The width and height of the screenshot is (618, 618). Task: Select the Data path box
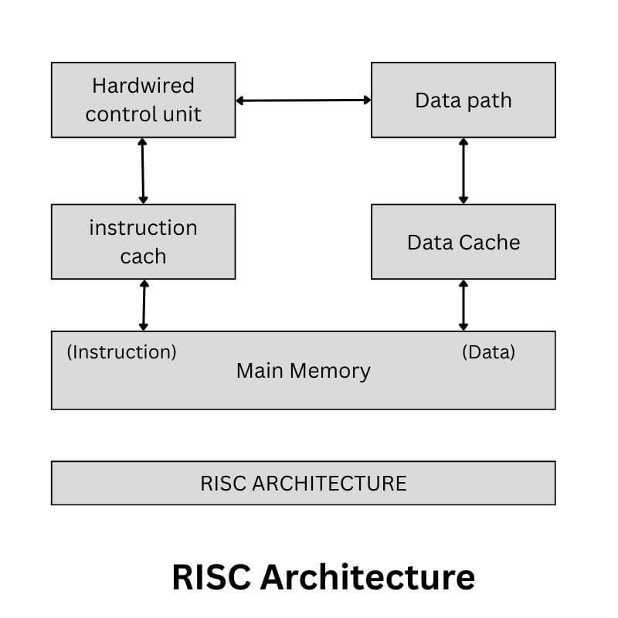463,100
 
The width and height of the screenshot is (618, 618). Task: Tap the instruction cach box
144,242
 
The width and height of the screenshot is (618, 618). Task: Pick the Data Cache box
463,242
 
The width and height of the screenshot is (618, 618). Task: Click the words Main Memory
303,371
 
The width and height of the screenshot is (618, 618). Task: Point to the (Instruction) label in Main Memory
122,352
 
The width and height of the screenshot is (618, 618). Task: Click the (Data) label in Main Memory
488,352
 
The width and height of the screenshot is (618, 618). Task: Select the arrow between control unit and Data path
303,100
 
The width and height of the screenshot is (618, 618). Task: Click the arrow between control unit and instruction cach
142,171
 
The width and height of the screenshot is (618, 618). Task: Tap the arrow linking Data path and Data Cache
463,171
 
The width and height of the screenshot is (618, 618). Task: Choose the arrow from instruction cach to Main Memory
143,305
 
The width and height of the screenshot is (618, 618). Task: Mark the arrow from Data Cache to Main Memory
463,305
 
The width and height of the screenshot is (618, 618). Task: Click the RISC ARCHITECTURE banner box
303,483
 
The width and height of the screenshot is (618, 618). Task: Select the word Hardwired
143,85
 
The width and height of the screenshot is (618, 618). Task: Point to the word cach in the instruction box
144,256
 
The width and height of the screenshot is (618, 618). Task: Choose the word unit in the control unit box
182,114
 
